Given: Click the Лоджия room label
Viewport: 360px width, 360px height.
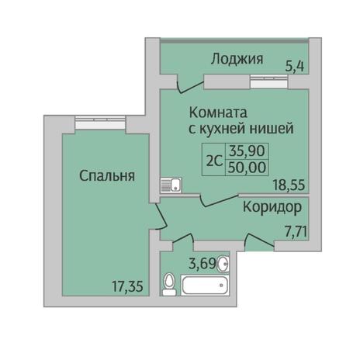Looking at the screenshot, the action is [x=237, y=59].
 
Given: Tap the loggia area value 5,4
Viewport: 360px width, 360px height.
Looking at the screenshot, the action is [x=295, y=67].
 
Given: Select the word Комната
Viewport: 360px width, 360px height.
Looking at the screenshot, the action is [x=219, y=112].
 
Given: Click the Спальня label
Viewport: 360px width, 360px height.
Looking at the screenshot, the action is [x=107, y=176].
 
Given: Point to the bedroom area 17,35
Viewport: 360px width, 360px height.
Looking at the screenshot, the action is [x=127, y=286].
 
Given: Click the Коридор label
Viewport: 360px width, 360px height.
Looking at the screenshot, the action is [x=272, y=208].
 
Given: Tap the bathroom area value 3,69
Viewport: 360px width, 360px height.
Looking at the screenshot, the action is [x=202, y=264].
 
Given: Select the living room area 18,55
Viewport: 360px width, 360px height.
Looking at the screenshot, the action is [x=289, y=185].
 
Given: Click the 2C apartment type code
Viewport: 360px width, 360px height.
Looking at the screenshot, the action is [x=214, y=162].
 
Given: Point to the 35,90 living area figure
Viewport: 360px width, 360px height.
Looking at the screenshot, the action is [x=247, y=151].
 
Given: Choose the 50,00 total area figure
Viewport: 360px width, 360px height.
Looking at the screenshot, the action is [x=247, y=167].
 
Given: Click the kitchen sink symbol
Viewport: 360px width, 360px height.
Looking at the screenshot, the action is [x=171, y=185].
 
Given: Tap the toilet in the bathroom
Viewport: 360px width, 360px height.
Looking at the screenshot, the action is [x=169, y=284].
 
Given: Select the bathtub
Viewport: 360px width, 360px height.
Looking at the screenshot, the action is [x=206, y=286].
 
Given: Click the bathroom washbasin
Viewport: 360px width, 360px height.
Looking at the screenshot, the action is [x=223, y=264].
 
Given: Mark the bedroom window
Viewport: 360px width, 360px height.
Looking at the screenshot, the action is [x=101, y=123].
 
